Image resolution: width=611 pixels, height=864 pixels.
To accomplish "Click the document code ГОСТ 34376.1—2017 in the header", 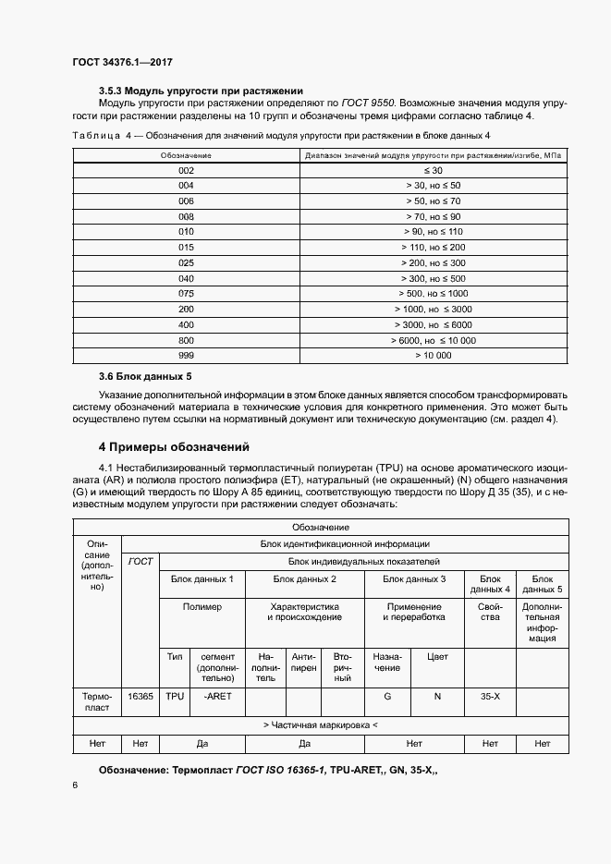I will click(x=122, y=62).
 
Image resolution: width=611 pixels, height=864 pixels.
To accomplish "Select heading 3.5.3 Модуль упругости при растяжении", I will click(x=201, y=91).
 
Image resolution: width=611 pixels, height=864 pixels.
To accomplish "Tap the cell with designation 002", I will click(x=186, y=171).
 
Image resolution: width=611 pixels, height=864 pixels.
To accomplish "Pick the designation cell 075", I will click(x=186, y=293).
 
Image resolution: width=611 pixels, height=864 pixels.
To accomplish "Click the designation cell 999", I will click(x=186, y=354).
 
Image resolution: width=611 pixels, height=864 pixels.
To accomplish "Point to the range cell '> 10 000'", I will click(x=433, y=354).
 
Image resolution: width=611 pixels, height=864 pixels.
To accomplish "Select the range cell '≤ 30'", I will click(x=433, y=171).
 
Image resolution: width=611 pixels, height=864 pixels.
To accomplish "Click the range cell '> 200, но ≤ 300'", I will click(x=433, y=262).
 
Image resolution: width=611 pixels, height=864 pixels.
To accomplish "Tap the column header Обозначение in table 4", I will click(x=186, y=155).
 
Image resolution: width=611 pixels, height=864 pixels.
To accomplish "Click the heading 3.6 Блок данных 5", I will click(x=145, y=377).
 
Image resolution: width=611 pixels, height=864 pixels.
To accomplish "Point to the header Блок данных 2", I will click(x=304, y=578).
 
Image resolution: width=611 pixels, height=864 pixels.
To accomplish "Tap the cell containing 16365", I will click(x=141, y=696).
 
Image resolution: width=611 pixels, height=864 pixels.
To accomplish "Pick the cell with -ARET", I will click(x=217, y=696).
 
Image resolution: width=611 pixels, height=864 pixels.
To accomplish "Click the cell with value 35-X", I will click(x=490, y=696).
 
